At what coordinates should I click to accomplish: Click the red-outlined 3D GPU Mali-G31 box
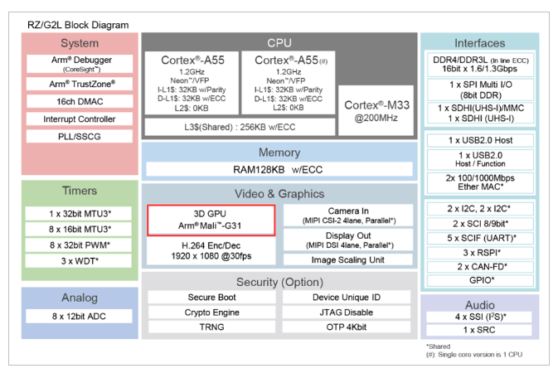[x=211, y=220]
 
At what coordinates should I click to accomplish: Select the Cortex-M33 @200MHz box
[x=376, y=110]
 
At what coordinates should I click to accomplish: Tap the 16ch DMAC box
[x=80, y=101]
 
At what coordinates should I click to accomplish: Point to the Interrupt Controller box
[x=80, y=119]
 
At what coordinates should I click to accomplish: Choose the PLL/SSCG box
[x=80, y=136]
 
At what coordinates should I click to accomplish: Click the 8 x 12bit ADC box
[x=79, y=316]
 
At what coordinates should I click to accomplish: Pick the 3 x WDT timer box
[x=79, y=261]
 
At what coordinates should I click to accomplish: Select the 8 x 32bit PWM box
[x=79, y=245]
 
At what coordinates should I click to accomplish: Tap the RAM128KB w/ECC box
[x=279, y=169]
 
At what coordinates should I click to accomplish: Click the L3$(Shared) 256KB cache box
[x=240, y=127]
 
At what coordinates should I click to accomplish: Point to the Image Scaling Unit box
[x=348, y=259]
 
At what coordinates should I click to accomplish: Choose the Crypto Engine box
[x=211, y=313]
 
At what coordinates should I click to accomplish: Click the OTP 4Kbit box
[x=347, y=327]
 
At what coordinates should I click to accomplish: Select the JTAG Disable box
[x=347, y=313]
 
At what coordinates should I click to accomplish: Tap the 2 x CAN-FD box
[x=480, y=267]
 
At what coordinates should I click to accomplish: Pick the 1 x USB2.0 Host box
[x=480, y=140]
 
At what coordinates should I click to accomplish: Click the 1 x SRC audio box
[x=479, y=330]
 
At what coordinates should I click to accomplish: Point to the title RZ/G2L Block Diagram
[x=78, y=25]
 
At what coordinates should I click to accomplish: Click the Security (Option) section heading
[x=279, y=282]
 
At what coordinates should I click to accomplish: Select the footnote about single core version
[x=474, y=355]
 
